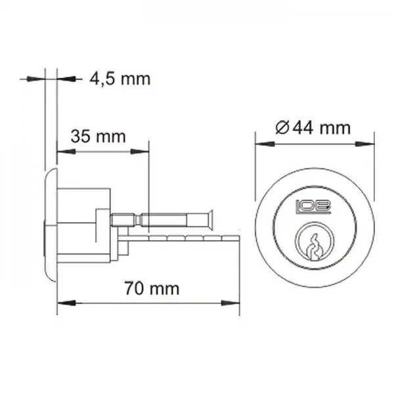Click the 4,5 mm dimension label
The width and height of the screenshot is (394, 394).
tap(120, 79)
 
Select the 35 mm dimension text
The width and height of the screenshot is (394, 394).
tap(98, 137)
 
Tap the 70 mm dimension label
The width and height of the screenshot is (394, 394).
tap(152, 288)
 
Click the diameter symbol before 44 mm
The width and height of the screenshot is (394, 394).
tap(282, 128)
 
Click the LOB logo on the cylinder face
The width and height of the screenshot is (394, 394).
tap(314, 207)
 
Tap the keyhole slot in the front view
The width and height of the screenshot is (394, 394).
tap(314, 247)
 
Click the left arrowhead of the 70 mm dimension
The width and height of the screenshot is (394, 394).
tap(66, 303)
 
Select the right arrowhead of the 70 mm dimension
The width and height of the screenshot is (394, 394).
tap(230, 303)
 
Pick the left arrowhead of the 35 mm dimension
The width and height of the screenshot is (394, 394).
tap(66, 152)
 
